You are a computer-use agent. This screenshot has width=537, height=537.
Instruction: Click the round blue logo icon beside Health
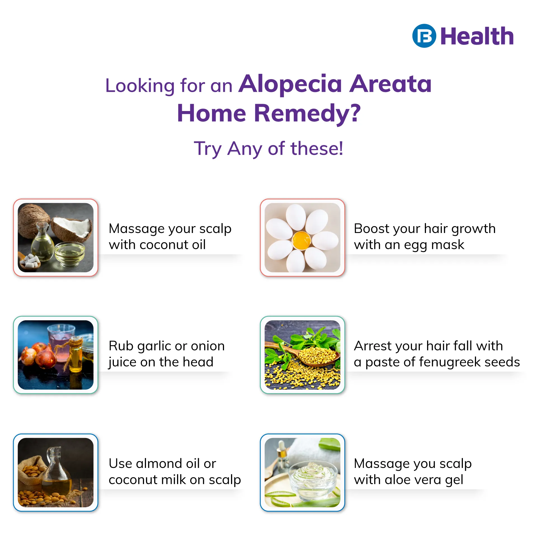pyautogui.click(x=424, y=36)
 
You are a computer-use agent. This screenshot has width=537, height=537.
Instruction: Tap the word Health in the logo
pyautogui.click(x=477, y=36)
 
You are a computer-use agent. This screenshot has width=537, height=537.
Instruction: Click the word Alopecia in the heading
pyautogui.click(x=290, y=84)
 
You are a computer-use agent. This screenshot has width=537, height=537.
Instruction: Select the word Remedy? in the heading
pyautogui.click(x=307, y=114)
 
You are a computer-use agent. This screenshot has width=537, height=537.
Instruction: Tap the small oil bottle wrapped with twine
pyautogui.click(x=75, y=354)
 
